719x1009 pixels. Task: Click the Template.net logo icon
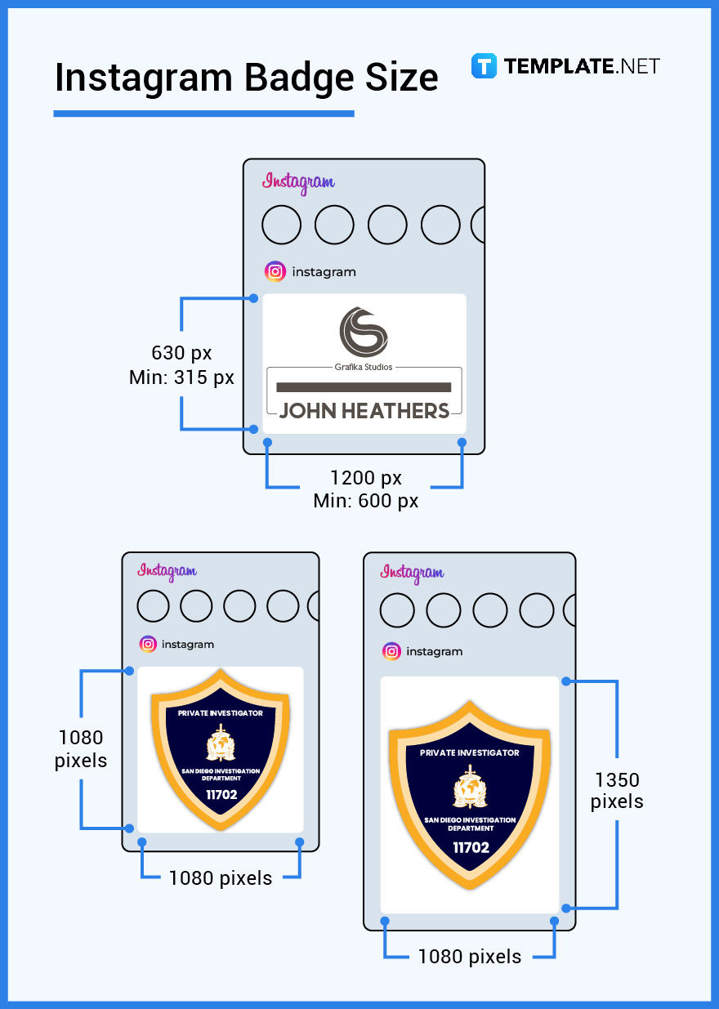pyautogui.click(x=484, y=66)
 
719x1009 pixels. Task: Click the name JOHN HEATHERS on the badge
pyautogui.click(x=364, y=411)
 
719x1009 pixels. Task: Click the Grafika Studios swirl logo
pyautogui.click(x=364, y=331)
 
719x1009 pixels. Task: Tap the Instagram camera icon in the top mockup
pyautogui.click(x=276, y=272)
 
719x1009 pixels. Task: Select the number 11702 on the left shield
pyautogui.click(x=221, y=794)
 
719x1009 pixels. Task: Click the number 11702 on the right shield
pyautogui.click(x=471, y=847)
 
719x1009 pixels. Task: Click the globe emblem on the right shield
pyautogui.click(x=470, y=788)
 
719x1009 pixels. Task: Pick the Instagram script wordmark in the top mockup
pyautogui.click(x=298, y=182)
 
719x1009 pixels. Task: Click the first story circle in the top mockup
pyautogui.click(x=281, y=225)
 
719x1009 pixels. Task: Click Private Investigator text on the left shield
pyautogui.click(x=221, y=713)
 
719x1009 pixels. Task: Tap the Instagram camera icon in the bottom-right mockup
pyautogui.click(x=392, y=651)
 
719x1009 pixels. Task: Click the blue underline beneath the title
pyautogui.click(x=203, y=114)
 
